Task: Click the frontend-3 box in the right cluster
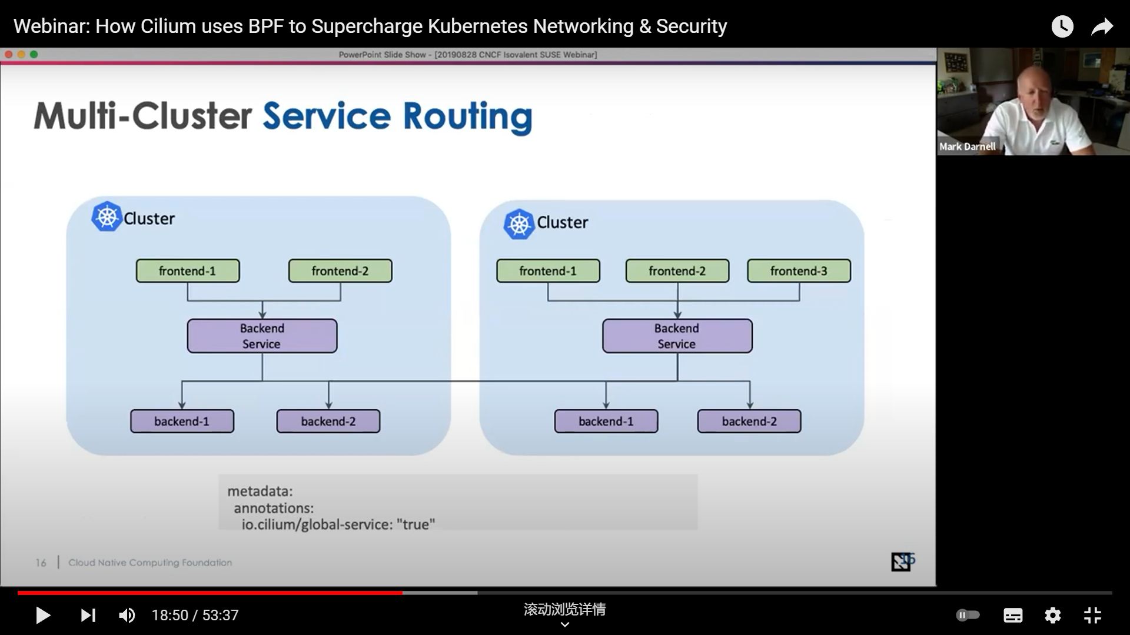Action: click(x=799, y=271)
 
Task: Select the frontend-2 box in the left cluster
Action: click(x=340, y=271)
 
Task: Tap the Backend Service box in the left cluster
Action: click(x=262, y=336)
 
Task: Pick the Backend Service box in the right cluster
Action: click(x=677, y=336)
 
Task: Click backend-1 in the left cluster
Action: click(x=182, y=422)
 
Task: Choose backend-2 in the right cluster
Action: click(x=749, y=422)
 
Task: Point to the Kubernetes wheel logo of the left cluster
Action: click(x=107, y=217)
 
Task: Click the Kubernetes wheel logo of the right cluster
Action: click(x=519, y=224)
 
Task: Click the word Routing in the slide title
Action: click(x=468, y=117)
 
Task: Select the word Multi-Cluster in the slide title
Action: click(x=143, y=115)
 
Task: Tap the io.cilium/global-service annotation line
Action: click(x=338, y=524)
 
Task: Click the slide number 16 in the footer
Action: click(x=41, y=563)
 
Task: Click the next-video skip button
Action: click(x=88, y=615)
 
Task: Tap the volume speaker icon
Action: click(x=127, y=615)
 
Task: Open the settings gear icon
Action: click(x=1052, y=615)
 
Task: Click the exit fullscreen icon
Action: click(x=1092, y=615)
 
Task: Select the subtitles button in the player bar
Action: click(x=1013, y=615)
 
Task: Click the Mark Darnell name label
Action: click(x=968, y=146)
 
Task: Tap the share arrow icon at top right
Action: click(x=1102, y=26)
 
